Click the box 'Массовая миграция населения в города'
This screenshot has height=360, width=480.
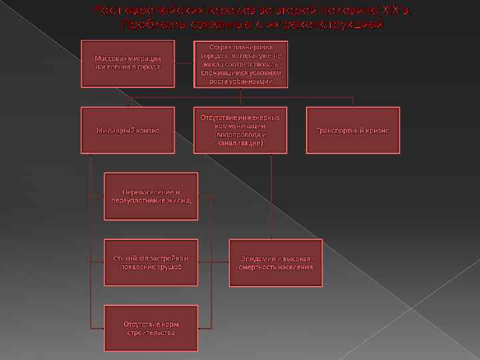pyautogui.click(x=127, y=63)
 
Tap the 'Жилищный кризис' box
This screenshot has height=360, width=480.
pyautogui.click(x=127, y=130)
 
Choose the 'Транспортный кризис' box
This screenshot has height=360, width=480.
pyautogui.click(x=353, y=130)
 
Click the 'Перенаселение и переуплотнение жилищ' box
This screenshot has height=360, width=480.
pyautogui.click(x=151, y=196)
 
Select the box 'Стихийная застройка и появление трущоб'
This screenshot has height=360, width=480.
pyautogui.click(x=151, y=262)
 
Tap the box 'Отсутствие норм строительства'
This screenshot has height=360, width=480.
pyautogui.click(x=151, y=328)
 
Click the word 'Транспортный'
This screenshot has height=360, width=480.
pyautogui.click(x=340, y=130)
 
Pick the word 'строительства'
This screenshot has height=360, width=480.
pyautogui.click(x=151, y=333)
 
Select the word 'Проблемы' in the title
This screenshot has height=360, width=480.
pyautogui.click(x=145, y=24)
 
